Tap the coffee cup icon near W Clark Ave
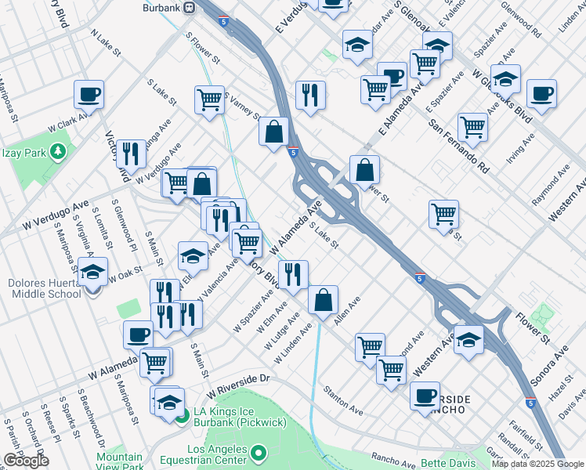point(89,95)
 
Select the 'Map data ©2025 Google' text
point(537,464)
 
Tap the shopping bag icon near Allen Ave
point(323,299)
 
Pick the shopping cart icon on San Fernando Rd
point(472,126)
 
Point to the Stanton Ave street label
point(344,399)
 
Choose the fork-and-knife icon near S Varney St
point(310,95)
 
